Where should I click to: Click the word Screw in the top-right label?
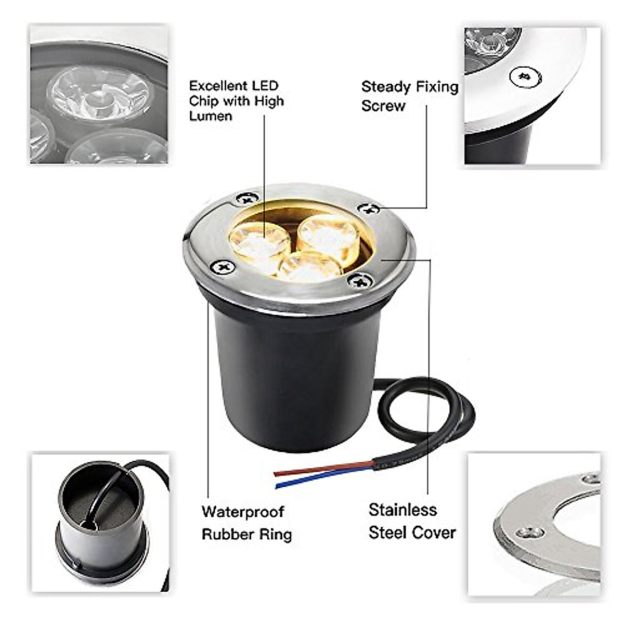(383, 106)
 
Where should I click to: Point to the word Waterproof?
(243, 512)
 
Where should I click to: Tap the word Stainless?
(402, 510)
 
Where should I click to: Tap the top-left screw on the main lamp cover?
(246, 198)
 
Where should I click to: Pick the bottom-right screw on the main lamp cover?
(361, 281)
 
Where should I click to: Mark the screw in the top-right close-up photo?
(525, 77)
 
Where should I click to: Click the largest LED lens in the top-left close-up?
(99, 94)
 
